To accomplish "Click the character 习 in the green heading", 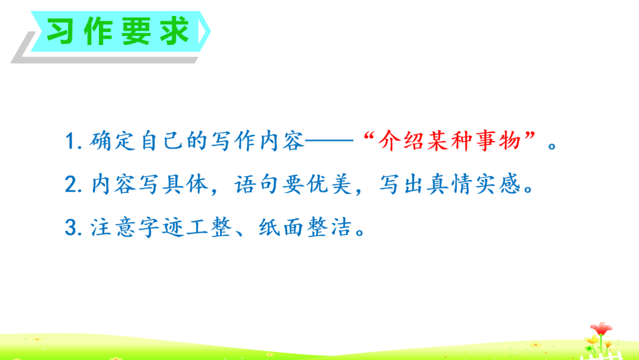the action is point(60,31).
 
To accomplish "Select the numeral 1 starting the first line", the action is point(70,141).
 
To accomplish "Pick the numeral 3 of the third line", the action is point(71,227).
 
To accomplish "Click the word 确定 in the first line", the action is point(112,141).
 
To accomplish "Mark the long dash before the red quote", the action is point(330,141).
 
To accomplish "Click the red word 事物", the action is point(498,141).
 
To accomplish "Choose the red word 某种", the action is point(450,141).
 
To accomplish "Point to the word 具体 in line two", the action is point(185,184).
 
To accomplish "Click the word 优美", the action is point(329,184).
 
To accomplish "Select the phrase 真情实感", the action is point(473,184).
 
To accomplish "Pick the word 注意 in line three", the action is point(112,227).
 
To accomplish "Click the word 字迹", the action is point(160,227).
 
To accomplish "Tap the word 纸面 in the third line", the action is point(281,227).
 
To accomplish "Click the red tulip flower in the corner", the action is point(601,329).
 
